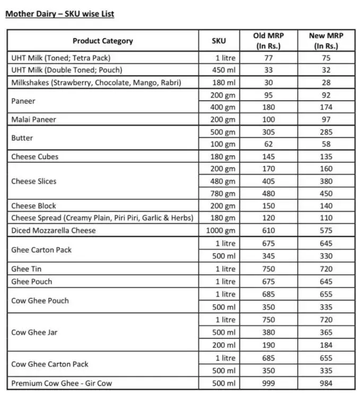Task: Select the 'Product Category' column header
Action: (x=102, y=41)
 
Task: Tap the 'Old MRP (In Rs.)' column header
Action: (x=268, y=41)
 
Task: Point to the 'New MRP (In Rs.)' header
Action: (x=326, y=41)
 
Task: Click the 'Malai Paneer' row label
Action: (x=33, y=120)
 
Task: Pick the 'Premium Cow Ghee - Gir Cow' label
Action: (x=62, y=383)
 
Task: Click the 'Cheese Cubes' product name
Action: (x=35, y=157)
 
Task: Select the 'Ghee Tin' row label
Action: (x=27, y=269)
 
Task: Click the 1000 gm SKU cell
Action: (x=221, y=231)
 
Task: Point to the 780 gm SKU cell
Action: (x=223, y=193)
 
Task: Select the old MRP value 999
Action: (x=268, y=383)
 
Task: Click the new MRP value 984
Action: (x=326, y=383)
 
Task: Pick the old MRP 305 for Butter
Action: (x=268, y=132)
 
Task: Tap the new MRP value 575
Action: (x=326, y=231)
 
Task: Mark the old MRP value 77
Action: (x=268, y=58)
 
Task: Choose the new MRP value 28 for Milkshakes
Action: (x=326, y=83)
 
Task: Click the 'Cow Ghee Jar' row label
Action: (x=35, y=333)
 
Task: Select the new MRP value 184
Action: (x=326, y=345)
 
